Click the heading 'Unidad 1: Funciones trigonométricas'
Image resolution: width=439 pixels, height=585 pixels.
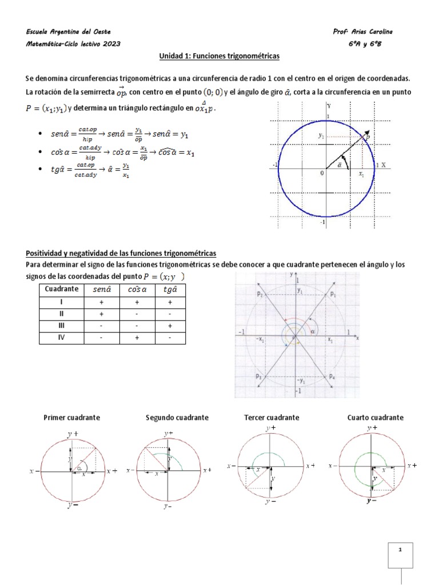[219, 57]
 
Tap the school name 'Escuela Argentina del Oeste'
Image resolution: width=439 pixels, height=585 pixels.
[69, 31]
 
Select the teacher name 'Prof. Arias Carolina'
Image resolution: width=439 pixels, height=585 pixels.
[362, 31]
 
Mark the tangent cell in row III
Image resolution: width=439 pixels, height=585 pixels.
[170, 326]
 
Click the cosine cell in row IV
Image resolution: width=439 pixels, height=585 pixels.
[137, 338]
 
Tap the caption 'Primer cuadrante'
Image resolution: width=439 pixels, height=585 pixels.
[71, 418]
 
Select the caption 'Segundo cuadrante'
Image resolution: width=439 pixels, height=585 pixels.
[177, 418]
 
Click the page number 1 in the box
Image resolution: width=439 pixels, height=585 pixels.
[400, 550]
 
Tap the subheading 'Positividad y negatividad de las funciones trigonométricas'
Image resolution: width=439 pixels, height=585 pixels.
[121, 253]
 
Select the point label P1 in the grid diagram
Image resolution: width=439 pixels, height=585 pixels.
[333, 294]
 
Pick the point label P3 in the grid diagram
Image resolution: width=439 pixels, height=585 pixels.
[259, 376]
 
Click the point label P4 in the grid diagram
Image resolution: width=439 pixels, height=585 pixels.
[333, 376]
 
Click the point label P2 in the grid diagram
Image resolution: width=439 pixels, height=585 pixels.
[260, 294]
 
